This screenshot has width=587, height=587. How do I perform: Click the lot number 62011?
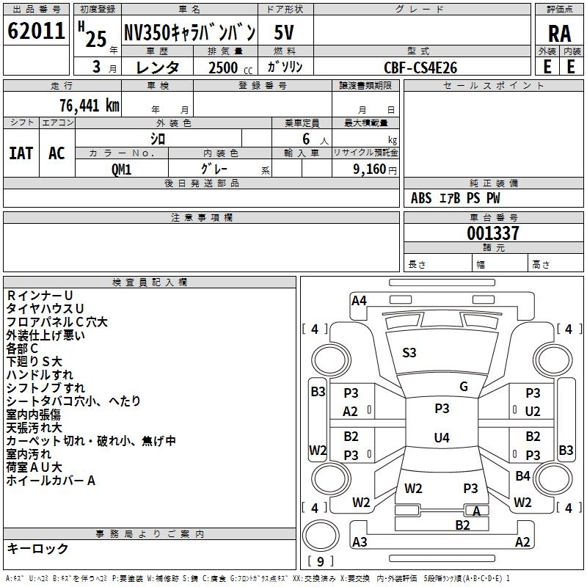[35, 33]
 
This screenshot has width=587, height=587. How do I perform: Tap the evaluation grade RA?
[559, 34]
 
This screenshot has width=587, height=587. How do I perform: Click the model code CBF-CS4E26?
[420, 67]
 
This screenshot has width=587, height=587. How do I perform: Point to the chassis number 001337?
[493, 233]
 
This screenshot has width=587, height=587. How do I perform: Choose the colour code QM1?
[121, 169]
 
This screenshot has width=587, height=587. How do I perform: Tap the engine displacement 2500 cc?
[223, 67]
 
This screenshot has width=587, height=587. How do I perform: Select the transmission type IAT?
[21, 153]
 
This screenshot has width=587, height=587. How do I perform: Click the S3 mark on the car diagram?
[409, 353]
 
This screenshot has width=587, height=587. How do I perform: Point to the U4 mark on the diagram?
[441, 438]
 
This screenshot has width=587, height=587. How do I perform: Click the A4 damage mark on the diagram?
[359, 300]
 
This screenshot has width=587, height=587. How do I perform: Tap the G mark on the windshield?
[464, 387]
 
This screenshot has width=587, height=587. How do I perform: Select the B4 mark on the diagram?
[522, 476]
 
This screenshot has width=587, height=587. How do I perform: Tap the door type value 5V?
[285, 33]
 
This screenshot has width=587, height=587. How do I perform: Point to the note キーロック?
[37, 548]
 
